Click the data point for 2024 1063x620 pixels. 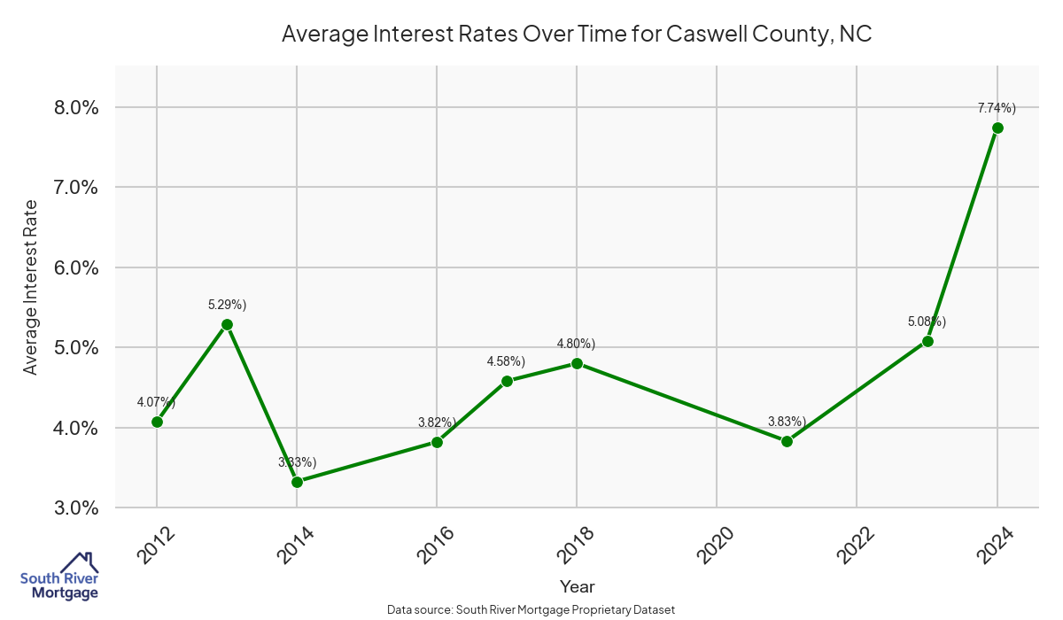[997, 128]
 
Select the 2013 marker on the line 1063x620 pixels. [227, 324]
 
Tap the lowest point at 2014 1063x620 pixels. [297, 482]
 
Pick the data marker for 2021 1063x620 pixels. [787, 441]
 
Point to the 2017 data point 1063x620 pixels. [507, 382]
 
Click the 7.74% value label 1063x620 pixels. [997, 108]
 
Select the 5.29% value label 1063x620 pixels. [227, 305]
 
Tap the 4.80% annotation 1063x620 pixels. [576, 344]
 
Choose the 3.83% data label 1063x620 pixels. [787, 422]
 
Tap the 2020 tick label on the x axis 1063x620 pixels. [717, 545]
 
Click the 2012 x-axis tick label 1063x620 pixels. [157, 545]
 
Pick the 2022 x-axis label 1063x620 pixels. [857, 545]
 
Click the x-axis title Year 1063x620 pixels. [577, 586]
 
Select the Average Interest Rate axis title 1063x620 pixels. [31, 287]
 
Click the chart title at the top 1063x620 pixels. [577, 35]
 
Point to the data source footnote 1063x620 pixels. [531, 609]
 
